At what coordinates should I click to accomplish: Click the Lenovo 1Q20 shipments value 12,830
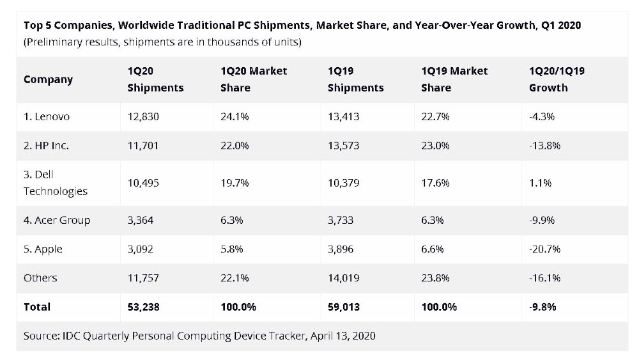point(143,117)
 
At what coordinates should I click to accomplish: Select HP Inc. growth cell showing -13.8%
point(544,146)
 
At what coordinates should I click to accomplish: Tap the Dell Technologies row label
point(56,183)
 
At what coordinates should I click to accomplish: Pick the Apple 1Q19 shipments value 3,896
point(344,249)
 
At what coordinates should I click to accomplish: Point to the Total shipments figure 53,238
point(144,307)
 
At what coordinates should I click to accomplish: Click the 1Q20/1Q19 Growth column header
point(557,79)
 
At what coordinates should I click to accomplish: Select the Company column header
point(48,79)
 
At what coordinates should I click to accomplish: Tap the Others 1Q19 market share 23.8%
point(435,278)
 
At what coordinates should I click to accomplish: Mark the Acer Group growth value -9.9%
point(542,221)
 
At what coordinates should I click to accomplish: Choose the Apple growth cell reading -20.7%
point(544,249)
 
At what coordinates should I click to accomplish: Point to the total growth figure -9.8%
point(543,307)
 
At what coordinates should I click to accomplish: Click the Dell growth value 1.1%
point(540,183)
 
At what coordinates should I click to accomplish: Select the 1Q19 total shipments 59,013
point(344,307)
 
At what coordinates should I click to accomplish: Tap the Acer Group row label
point(57,221)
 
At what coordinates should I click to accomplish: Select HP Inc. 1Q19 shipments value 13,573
point(344,146)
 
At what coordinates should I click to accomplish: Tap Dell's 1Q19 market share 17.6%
point(435,183)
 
